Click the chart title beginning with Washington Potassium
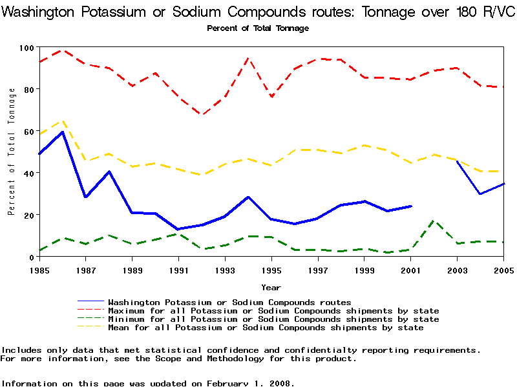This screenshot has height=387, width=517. (x=258, y=12)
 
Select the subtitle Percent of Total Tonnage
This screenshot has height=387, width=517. (x=258, y=28)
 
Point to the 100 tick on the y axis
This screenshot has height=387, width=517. (x=27, y=48)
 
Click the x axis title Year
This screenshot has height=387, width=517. (x=271, y=287)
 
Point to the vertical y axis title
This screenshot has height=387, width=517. (x=12, y=152)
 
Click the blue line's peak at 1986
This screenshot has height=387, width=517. (x=63, y=132)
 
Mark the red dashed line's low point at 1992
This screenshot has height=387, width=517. (x=202, y=115)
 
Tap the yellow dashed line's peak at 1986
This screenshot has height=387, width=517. (x=63, y=121)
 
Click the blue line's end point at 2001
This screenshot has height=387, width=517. (x=411, y=206)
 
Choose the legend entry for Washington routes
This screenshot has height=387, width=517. (x=229, y=302)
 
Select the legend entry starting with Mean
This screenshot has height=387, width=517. (x=266, y=328)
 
